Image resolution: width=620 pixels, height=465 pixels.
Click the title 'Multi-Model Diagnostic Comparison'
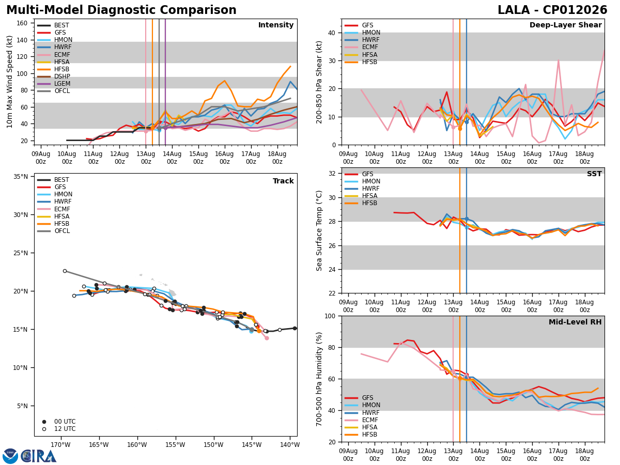click(x=121, y=10)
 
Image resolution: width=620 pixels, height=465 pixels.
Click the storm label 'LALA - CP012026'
click(x=552, y=10)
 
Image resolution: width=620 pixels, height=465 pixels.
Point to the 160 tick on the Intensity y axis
click(x=22, y=23)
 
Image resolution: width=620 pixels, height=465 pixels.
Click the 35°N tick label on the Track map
click(x=21, y=177)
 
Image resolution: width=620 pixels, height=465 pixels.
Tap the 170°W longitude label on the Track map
click(x=60, y=445)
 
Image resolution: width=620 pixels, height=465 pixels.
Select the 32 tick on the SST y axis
click(x=332, y=174)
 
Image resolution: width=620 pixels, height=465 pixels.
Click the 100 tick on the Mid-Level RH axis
click(x=330, y=316)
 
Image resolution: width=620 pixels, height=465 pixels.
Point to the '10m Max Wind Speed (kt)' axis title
click(x=9, y=82)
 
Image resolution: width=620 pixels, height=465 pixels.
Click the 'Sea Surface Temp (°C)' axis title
click(x=319, y=230)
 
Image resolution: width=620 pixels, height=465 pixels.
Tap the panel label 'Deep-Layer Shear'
click(x=565, y=25)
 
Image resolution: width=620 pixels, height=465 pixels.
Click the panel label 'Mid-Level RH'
click(x=575, y=322)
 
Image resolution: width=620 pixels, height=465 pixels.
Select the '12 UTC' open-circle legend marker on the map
click(x=44, y=429)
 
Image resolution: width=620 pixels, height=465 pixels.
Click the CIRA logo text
click(x=39, y=456)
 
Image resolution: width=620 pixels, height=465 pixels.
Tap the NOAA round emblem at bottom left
click(x=10, y=456)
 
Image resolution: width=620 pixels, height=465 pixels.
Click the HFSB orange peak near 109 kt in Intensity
click(x=290, y=67)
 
